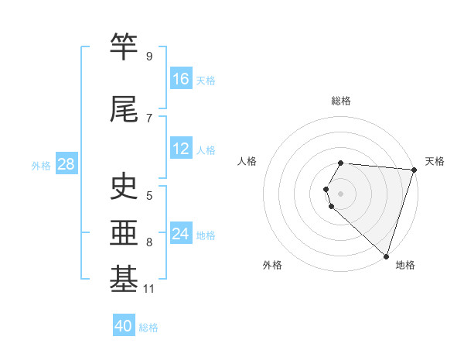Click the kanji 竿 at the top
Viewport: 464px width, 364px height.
click(x=124, y=46)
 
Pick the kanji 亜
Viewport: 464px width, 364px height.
click(x=124, y=232)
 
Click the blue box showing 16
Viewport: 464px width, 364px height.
click(x=181, y=78)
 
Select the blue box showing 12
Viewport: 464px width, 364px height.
click(x=181, y=149)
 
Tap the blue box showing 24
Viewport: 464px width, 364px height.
click(x=181, y=234)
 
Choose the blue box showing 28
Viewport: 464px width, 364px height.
click(x=66, y=164)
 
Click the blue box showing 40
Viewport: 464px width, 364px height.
click(x=124, y=326)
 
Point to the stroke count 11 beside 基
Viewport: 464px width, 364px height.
click(x=149, y=290)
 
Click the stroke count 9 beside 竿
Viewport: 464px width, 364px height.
click(x=149, y=56)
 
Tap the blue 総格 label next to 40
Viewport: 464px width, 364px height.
click(x=148, y=328)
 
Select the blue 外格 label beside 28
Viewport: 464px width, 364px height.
click(x=41, y=165)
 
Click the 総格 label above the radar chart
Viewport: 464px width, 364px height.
click(x=341, y=101)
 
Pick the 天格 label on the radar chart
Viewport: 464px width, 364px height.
click(x=435, y=161)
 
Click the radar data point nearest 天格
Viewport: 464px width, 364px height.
click(x=414, y=170)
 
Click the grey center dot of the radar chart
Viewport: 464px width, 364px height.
click(x=341, y=193)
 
